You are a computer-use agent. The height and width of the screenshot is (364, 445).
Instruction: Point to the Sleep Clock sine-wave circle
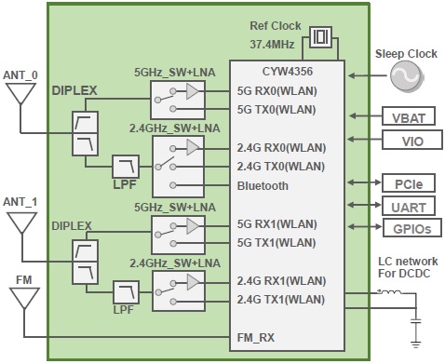click(406, 79)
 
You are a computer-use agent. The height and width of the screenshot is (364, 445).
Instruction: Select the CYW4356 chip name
click(289, 71)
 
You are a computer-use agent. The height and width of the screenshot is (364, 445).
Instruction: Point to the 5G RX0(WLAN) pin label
click(277, 91)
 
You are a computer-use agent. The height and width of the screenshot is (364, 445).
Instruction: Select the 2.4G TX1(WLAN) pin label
click(282, 299)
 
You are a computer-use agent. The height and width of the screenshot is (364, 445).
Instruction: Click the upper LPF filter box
click(125, 167)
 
